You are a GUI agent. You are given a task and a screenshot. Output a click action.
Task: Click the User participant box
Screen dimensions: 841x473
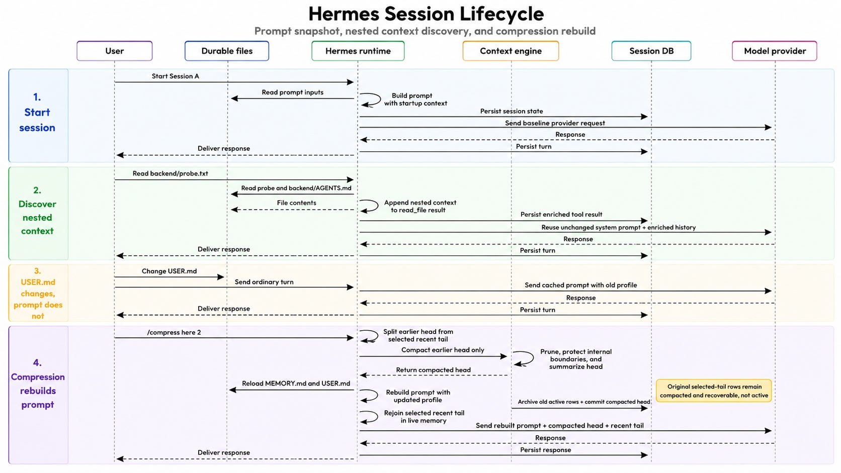115,51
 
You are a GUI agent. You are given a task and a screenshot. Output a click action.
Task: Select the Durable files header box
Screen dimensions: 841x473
227,51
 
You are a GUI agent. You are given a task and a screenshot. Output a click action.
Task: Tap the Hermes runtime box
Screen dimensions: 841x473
358,51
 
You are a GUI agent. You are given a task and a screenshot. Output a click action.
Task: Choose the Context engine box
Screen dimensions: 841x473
511,51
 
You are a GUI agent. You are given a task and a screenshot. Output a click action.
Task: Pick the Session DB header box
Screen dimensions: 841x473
651,51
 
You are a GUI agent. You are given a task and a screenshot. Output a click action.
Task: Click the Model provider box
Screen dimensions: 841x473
775,51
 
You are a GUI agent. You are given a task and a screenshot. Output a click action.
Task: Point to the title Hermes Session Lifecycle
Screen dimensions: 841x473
426,14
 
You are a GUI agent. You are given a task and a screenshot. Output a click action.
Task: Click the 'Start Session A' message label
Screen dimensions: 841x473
176,76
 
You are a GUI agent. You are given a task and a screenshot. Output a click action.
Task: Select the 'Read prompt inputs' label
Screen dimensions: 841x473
292,92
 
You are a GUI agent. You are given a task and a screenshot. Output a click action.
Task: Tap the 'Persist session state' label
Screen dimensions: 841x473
512,111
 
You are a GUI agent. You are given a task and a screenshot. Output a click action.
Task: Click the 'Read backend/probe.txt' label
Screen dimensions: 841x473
170,173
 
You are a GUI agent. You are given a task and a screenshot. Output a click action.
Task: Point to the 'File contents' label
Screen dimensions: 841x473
297,203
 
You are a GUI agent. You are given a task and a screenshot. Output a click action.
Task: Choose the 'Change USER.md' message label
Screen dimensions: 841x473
169,271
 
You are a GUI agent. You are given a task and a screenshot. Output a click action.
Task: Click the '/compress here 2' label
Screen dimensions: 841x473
174,332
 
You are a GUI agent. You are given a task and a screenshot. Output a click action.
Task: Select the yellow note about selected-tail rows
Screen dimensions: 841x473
714,391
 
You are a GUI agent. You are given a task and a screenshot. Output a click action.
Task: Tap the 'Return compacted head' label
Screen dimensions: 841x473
433,370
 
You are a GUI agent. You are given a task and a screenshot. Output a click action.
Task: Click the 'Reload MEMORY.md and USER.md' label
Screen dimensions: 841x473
296,384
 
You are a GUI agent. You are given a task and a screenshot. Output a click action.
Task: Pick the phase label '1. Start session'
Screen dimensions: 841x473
37,112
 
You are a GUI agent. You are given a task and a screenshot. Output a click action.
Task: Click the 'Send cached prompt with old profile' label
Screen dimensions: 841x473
580,285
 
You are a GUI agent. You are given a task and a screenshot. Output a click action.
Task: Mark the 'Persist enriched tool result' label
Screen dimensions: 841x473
561,214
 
